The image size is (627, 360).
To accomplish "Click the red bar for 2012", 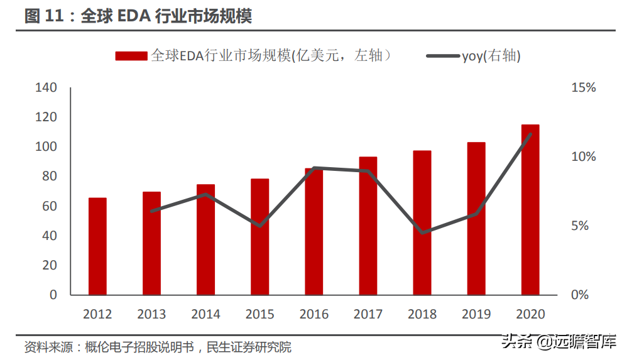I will click(97, 246).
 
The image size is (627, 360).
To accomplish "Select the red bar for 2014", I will click(205, 239).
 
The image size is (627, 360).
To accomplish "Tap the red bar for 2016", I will click(313, 231).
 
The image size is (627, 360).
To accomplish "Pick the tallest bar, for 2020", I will click(530, 209).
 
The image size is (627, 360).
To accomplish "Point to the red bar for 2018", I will click(422, 222).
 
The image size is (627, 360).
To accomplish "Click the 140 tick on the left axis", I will click(46, 87).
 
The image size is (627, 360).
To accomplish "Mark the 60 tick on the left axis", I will click(49, 206).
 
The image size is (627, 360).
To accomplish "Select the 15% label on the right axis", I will click(583, 87).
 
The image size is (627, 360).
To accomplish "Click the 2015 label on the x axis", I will click(259, 314).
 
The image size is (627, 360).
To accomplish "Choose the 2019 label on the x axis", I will click(476, 314).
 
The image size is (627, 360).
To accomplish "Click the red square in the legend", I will click(131, 57).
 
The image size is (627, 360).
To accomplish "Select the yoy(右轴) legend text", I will click(491, 57).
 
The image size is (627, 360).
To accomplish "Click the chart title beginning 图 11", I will click(138, 16).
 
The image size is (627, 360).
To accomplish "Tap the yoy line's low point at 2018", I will click(422, 232).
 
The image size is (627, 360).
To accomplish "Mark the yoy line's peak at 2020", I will click(530, 134).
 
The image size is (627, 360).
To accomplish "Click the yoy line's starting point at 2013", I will click(151, 211).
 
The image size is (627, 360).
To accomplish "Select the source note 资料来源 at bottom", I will click(158, 347).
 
